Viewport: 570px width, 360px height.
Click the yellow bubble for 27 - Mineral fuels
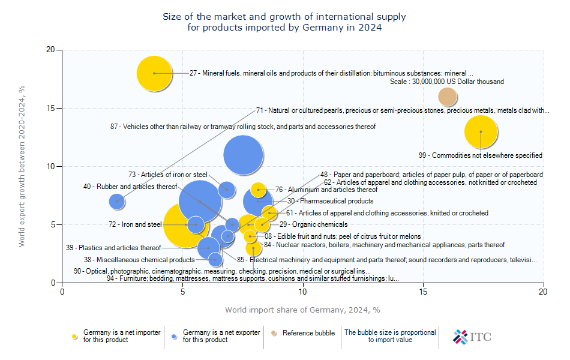(154, 73)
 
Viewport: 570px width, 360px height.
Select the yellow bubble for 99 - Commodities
(481, 131)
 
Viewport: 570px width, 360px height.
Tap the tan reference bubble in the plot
(447, 97)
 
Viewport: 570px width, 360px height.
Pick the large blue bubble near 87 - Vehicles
(243, 155)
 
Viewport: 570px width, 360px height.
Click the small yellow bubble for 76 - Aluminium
(258, 190)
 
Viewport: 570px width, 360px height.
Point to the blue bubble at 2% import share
(116, 201)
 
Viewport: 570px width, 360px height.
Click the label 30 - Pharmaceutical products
(331, 201)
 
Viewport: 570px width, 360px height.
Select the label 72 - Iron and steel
(135, 224)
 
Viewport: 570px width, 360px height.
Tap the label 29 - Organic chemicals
(313, 224)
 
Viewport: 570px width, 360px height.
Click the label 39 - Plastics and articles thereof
(113, 248)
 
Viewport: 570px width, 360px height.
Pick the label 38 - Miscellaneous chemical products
(139, 260)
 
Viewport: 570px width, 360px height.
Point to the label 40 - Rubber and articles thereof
(130, 187)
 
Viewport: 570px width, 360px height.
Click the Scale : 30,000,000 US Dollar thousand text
(447, 82)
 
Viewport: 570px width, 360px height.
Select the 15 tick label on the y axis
(50, 109)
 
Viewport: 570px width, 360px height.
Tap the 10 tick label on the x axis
(303, 292)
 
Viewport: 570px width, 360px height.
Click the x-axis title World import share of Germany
(302, 310)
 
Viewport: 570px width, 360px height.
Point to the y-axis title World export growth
(22, 166)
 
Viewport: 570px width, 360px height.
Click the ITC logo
(472, 337)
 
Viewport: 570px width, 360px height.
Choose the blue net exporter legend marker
(174, 337)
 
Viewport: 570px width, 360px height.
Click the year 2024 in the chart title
(370, 28)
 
